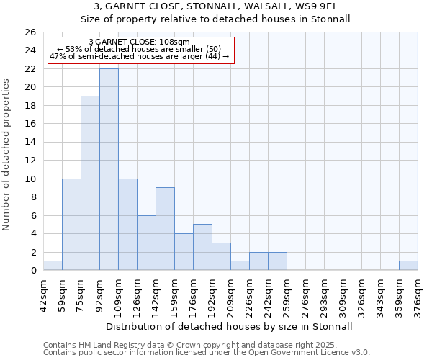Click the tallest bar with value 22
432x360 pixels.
[x=109, y=169]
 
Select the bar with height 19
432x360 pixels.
[x=90, y=183]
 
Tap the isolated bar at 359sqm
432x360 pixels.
[x=408, y=266]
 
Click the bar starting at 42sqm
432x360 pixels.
[x=53, y=266]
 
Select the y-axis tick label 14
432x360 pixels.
[x=31, y=143]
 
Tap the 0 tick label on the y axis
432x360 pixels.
[x=33, y=271]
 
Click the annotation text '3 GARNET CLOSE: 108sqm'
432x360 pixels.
[x=140, y=42]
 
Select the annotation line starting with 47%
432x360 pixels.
[x=139, y=55]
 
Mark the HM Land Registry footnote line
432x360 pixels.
[x=205, y=346]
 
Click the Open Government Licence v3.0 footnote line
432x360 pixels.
[x=207, y=353]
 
